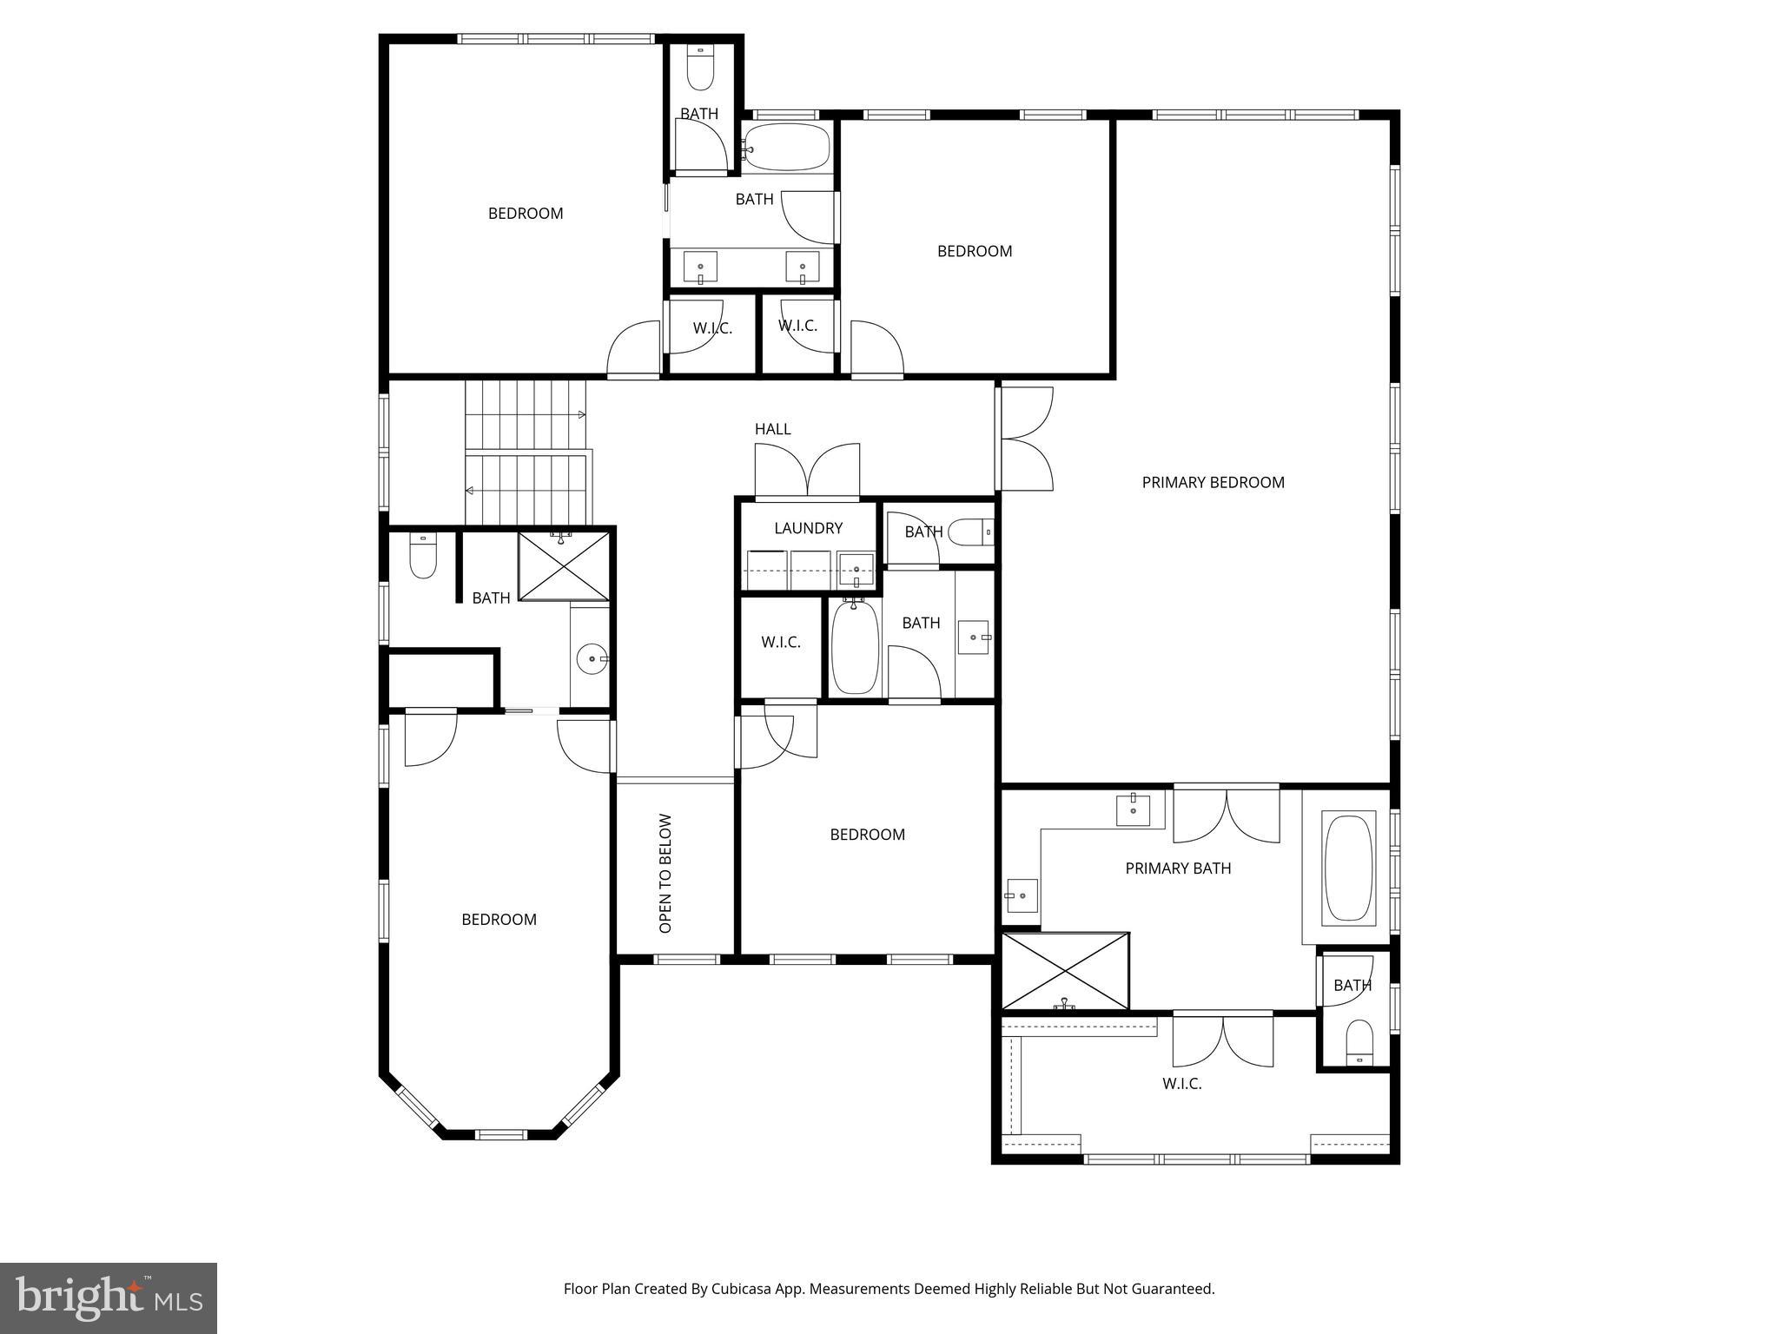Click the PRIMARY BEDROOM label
1213,483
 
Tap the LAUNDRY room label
808,528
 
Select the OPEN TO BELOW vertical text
666,873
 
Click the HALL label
772,429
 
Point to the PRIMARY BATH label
1178,868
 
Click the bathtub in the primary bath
1348,867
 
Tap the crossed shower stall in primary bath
1065,971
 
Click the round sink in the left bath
592,659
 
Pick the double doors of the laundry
808,471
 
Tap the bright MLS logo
108,1298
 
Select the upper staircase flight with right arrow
525,414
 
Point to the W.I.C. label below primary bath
1181,1084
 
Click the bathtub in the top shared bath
787,147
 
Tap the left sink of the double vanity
700,267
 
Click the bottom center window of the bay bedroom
501,1134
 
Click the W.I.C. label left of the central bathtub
780,643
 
